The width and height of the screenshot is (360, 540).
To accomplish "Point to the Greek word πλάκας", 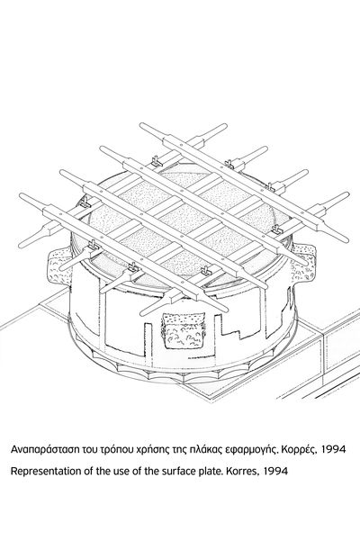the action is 204,450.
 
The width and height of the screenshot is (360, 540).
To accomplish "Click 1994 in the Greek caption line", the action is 333,449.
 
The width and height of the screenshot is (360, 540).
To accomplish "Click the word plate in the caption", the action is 213,471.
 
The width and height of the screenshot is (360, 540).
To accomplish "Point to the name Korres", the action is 242,471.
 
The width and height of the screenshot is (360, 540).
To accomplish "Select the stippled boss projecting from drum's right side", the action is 303,265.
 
